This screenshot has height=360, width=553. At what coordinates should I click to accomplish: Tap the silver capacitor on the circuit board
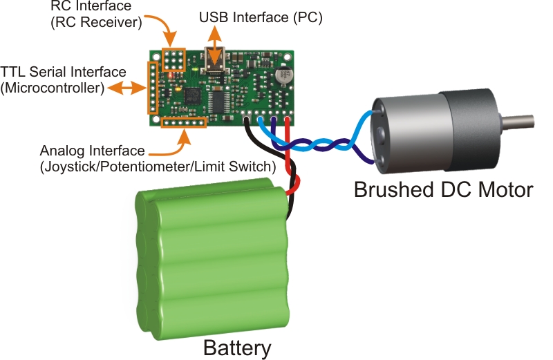click(283, 74)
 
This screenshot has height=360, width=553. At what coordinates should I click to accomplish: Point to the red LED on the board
click(169, 71)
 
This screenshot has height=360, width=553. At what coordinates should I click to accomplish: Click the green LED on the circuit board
click(198, 69)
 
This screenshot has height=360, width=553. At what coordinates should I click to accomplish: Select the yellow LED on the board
click(179, 89)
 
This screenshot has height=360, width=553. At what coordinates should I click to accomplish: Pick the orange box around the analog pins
click(184, 122)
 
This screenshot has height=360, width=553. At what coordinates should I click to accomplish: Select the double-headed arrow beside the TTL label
click(124, 88)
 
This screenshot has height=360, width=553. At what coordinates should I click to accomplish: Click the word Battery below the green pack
click(237, 347)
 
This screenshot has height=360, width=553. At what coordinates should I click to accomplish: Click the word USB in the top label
click(213, 15)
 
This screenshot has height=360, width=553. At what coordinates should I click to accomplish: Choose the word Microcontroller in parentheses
click(53, 88)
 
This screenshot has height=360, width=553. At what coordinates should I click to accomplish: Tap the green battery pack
click(214, 262)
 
